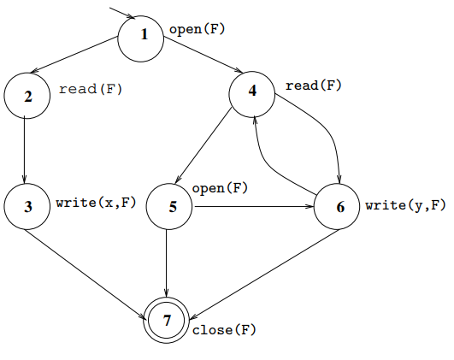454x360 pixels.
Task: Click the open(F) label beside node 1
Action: tap(197, 29)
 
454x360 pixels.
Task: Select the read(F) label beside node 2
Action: tap(91, 89)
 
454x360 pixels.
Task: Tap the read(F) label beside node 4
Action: tap(314, 86)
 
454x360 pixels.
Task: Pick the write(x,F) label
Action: tap(96, 203)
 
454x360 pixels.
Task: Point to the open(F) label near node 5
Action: tap(220, 188)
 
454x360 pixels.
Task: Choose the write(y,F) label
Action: tap(405, 205)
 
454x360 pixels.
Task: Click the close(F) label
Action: tap(224, 330)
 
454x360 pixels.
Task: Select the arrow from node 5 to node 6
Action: tap(254, 206)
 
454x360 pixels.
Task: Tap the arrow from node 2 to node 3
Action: tap(24, 150)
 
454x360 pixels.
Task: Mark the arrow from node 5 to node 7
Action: tap(166, 263)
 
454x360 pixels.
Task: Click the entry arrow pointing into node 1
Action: tap(122, 13)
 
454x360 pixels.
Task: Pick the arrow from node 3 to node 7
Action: tap(85, 274)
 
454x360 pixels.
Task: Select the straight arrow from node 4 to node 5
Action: tap(203, 145)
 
